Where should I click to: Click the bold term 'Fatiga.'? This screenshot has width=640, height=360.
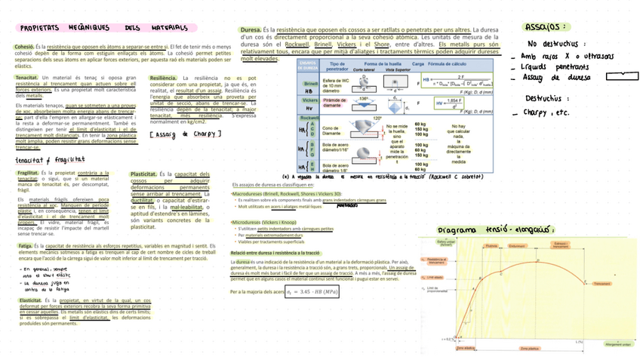(x=25, y=246)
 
